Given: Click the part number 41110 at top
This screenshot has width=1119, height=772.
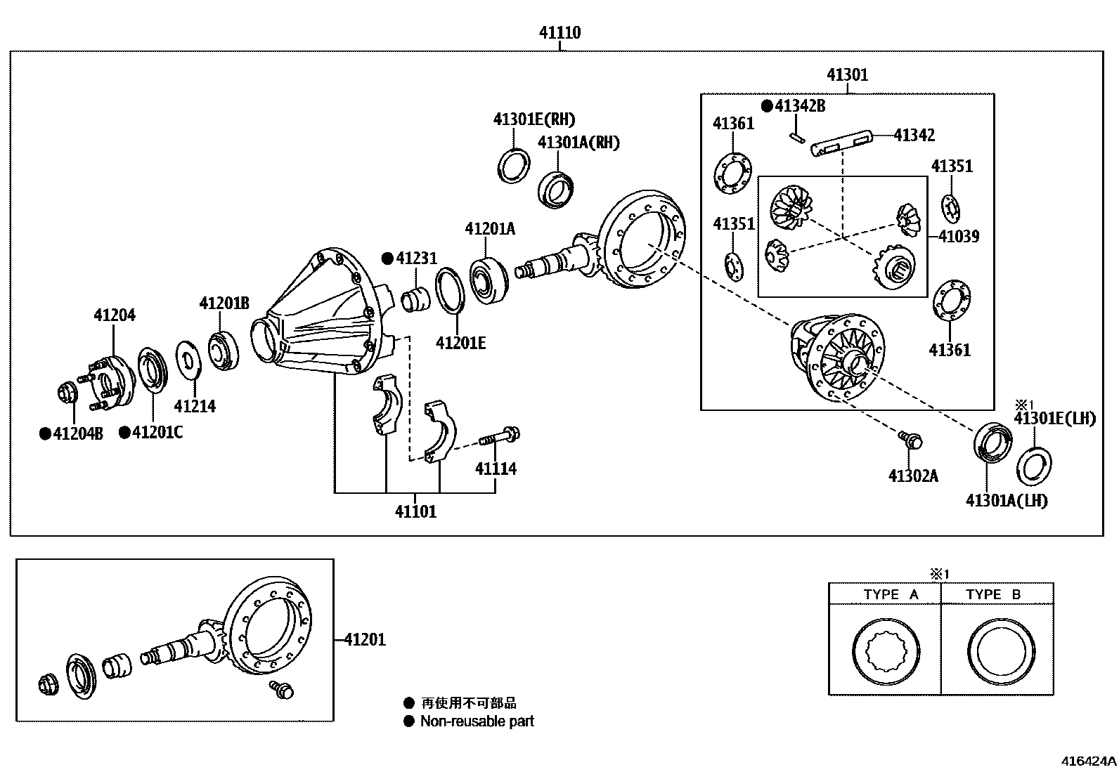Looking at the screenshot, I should pyautogui.click(x=559, y=32).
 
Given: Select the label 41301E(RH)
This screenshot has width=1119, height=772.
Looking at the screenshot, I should pyautogui.click(x=533, y=119).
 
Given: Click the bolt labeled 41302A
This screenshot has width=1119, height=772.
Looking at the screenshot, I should pyautogui.click(x=911, y=440).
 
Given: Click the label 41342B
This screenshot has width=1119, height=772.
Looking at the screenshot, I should pyautogui.click(x=800, y=106).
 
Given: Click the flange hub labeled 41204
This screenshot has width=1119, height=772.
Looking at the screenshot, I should pyautogui.click(x=110, y=383).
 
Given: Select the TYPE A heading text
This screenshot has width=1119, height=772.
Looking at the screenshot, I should pyautogui.click(x=891, y=594).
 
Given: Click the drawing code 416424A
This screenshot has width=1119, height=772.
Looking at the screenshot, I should pyautogui.click(x=1088, y=761).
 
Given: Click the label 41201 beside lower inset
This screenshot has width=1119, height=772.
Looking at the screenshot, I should pyautogui.click(x=365, y=639).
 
